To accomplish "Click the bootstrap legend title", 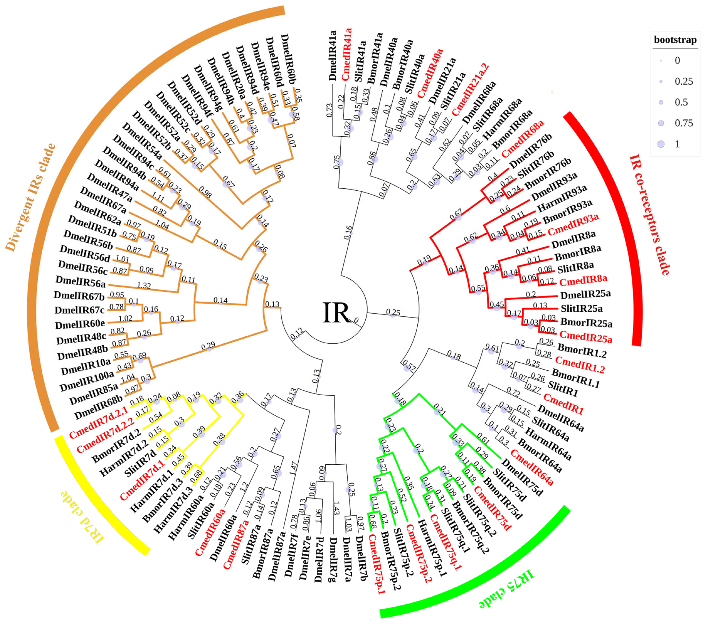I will click(675, 40).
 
